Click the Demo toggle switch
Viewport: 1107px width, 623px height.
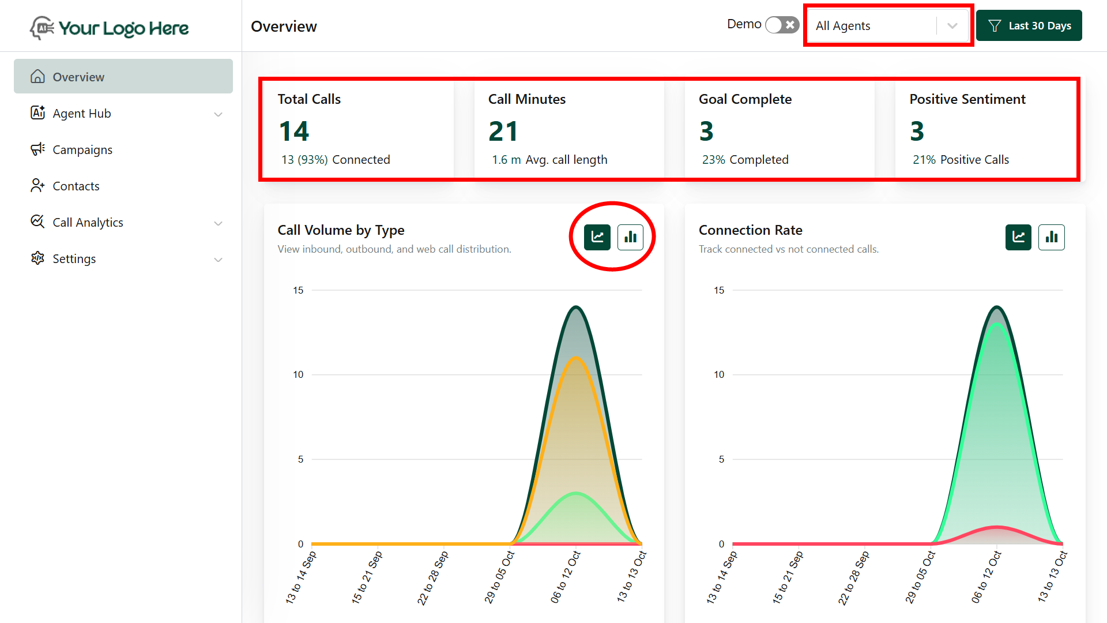click(x=782, y=25)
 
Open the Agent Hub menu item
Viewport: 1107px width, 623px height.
click(x=82, y=114)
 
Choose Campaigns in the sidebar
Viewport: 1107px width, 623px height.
click(x=82, y=150)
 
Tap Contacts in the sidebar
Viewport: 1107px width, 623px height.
click(x=76, y=186)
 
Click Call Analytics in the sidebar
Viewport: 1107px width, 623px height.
click(x=88, y=223)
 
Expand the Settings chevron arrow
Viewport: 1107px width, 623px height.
click(x=219, y=260)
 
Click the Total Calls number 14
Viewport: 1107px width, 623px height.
click(x=294, y=131)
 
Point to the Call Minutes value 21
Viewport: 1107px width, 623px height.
click(x=503, y=131)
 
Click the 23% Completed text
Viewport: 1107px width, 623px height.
click(x=745, y=160)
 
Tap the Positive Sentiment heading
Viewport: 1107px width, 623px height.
click(x=967, y=99)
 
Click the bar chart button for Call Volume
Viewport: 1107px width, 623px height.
click(x=630, y=237)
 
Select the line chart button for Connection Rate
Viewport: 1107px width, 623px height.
click(x=1018, y=237)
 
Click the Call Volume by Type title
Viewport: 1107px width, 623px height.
click(x=341, y=230)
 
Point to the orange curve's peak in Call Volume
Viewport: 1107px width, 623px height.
click(x=576, y=358)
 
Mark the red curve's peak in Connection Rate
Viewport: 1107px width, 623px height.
click(x=997, y=527)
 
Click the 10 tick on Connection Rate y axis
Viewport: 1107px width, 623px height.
click(x=719, y=375)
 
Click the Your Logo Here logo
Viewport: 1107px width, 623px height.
click(x=110, y=28)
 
